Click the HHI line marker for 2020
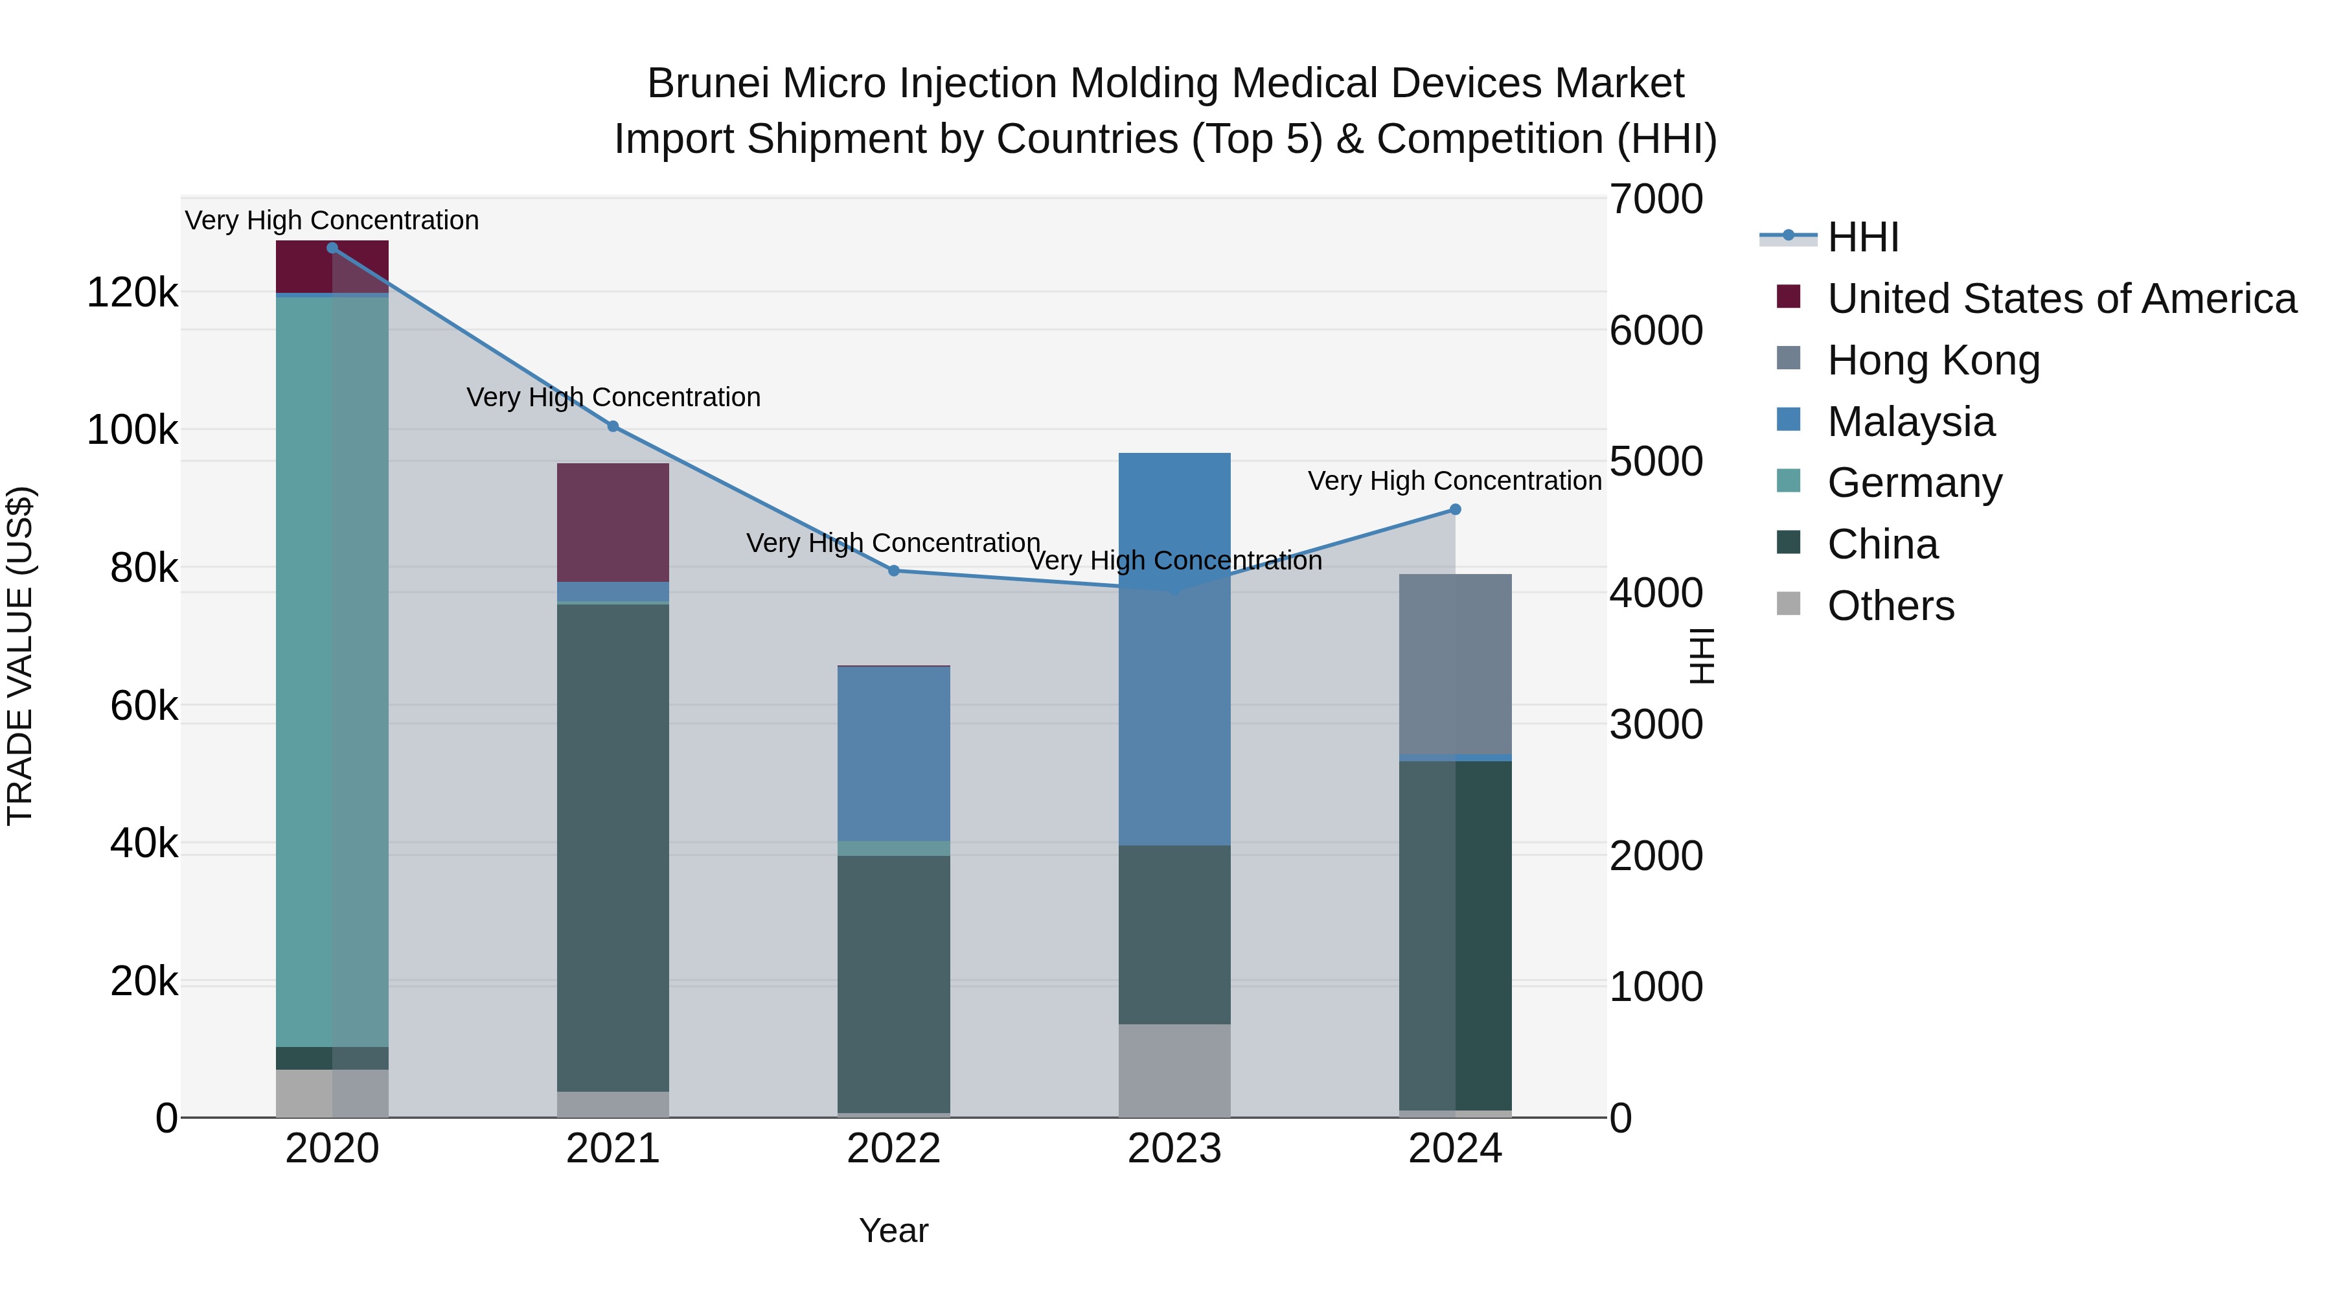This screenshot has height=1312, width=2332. coord(332,248)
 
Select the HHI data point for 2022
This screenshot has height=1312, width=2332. coord(893,570)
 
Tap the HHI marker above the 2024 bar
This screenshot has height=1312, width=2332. coord(1456,510)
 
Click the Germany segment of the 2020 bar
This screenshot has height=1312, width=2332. coord(332,670)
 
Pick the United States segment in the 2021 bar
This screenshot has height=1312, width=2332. coord(613,522)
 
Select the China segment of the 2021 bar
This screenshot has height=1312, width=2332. coord(613,847)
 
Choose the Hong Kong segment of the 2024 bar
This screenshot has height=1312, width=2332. coord(1456,663)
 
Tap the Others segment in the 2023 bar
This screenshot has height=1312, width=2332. coord(1174,1070)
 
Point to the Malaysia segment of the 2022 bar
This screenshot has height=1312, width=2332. coord(893,754)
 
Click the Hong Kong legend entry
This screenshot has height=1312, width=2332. coord(1933,360)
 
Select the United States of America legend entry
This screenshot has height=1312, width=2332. coord(2061,299)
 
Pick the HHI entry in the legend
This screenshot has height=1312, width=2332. coord(1862,237)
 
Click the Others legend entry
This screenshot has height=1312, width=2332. coord(1890,606)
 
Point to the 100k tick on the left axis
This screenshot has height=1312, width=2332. coord(132,430)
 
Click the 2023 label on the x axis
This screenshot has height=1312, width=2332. coord(1174,1149)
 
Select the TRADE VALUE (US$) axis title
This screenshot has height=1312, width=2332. coord(20,656)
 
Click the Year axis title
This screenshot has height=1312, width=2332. coord(893,1230)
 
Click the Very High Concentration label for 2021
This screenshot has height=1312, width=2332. coord(613,398)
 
